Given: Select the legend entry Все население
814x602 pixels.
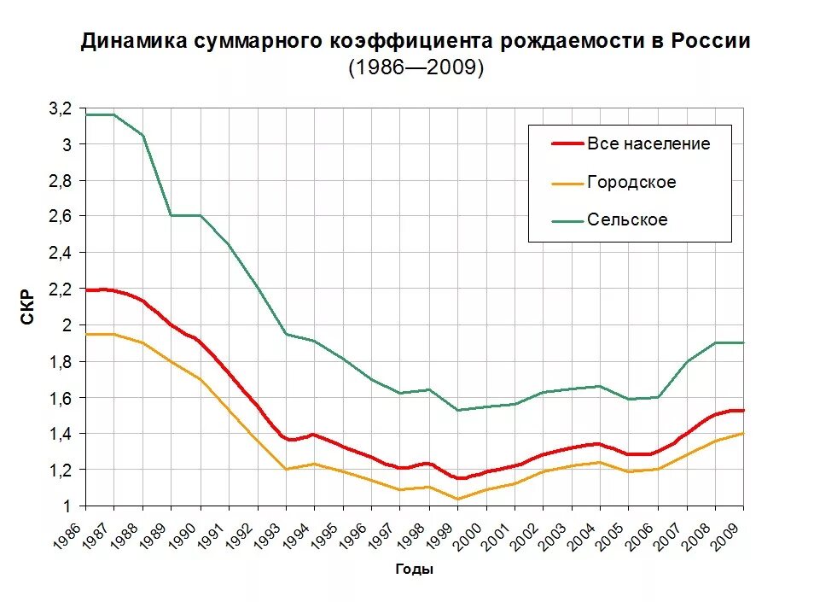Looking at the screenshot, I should click(x=648, y=143).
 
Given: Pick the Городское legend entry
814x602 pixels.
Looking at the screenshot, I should click(x=631, y=182).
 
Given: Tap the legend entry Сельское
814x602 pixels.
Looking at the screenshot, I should click(x=626, y=220).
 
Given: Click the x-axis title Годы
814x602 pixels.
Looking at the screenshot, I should click(x=415, y=570).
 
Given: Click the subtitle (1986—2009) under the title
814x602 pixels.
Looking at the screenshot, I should click(x=416, y=68).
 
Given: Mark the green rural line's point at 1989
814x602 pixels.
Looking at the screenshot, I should click(x=172, y=215).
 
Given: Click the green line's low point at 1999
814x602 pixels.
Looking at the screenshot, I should click(x=457, y=410).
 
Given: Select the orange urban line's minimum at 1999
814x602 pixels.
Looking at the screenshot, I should click(x=457, y=499).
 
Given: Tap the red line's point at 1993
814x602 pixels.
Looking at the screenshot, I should click(x=286, y=438).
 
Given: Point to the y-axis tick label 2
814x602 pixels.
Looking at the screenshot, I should click(x=68, y=325).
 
